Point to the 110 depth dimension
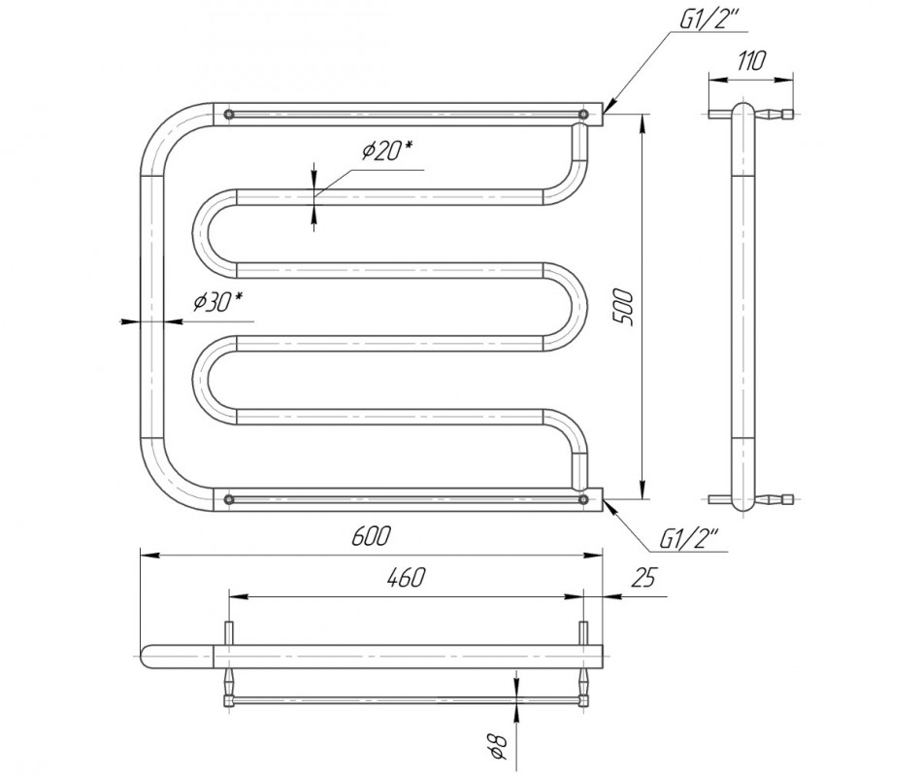click(x=751, y=61)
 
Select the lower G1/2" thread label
click(x=693, y=536)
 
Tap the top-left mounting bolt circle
click(x=229, y=115)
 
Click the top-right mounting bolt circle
click(x=583, y=115)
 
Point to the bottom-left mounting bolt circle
click(x=229, y=499)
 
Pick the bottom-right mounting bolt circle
click(x=583, y=499)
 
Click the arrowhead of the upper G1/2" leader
click(x=609, y=110)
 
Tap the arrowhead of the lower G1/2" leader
click(x=609, y=502)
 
